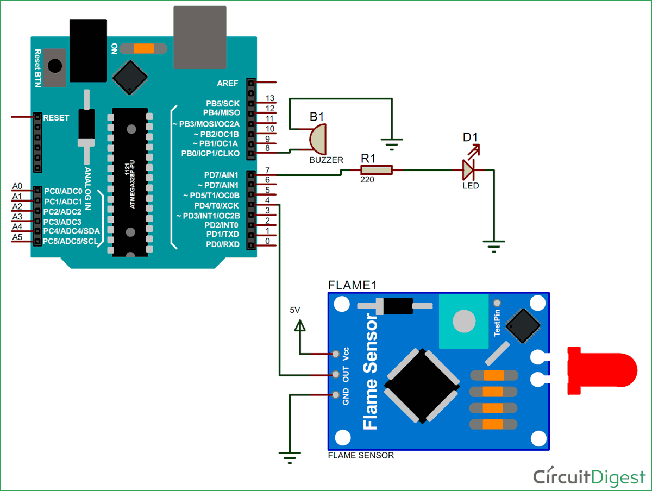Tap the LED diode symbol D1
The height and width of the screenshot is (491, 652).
(468, 170)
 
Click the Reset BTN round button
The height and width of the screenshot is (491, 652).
(55, 66)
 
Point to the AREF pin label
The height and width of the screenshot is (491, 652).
(229, 83)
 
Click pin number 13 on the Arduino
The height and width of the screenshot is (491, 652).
(269, 98)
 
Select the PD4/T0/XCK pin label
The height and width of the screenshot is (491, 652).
(216, 206)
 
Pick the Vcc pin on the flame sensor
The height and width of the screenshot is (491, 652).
(336, 354)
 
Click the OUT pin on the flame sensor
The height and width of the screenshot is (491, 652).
(336, 374)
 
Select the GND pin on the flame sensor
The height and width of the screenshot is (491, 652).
(336, 395)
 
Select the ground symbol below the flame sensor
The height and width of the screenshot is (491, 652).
(290, 457)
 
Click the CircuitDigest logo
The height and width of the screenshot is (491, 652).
(588, 476)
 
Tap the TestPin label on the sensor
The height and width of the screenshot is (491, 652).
(497, 324)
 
